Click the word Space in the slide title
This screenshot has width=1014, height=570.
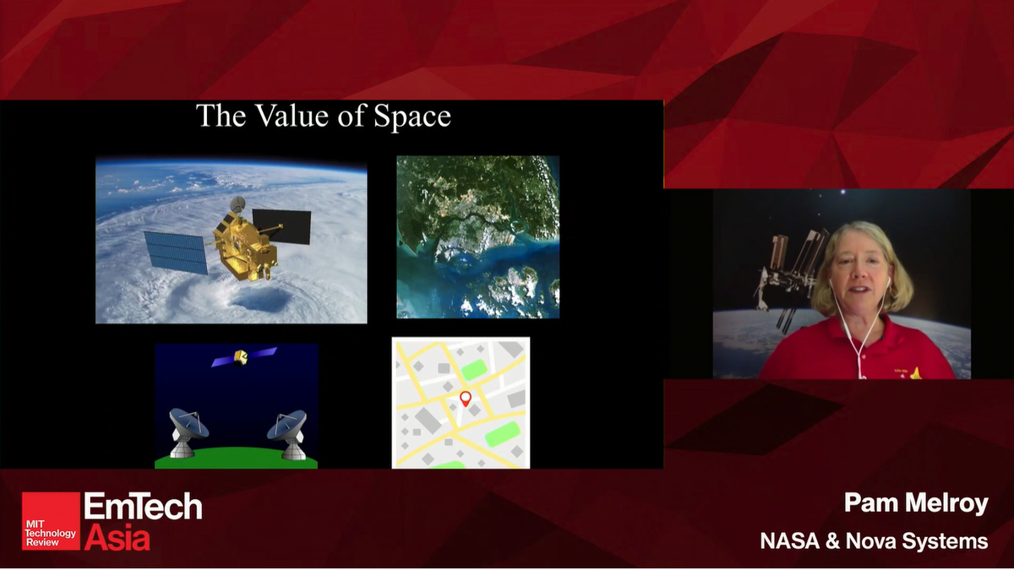[413, 117]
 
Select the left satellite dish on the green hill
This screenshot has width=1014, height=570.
[187, 428]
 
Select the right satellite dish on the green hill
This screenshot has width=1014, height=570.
[287, 428]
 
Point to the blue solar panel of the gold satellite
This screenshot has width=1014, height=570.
[176, 251]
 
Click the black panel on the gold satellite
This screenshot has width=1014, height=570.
[281, 224]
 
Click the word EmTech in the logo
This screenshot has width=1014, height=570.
[143, 507]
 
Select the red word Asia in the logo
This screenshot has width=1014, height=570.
[117, 537]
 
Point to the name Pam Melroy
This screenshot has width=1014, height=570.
[916, 504]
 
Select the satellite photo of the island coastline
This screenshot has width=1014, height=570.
[478, 236]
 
